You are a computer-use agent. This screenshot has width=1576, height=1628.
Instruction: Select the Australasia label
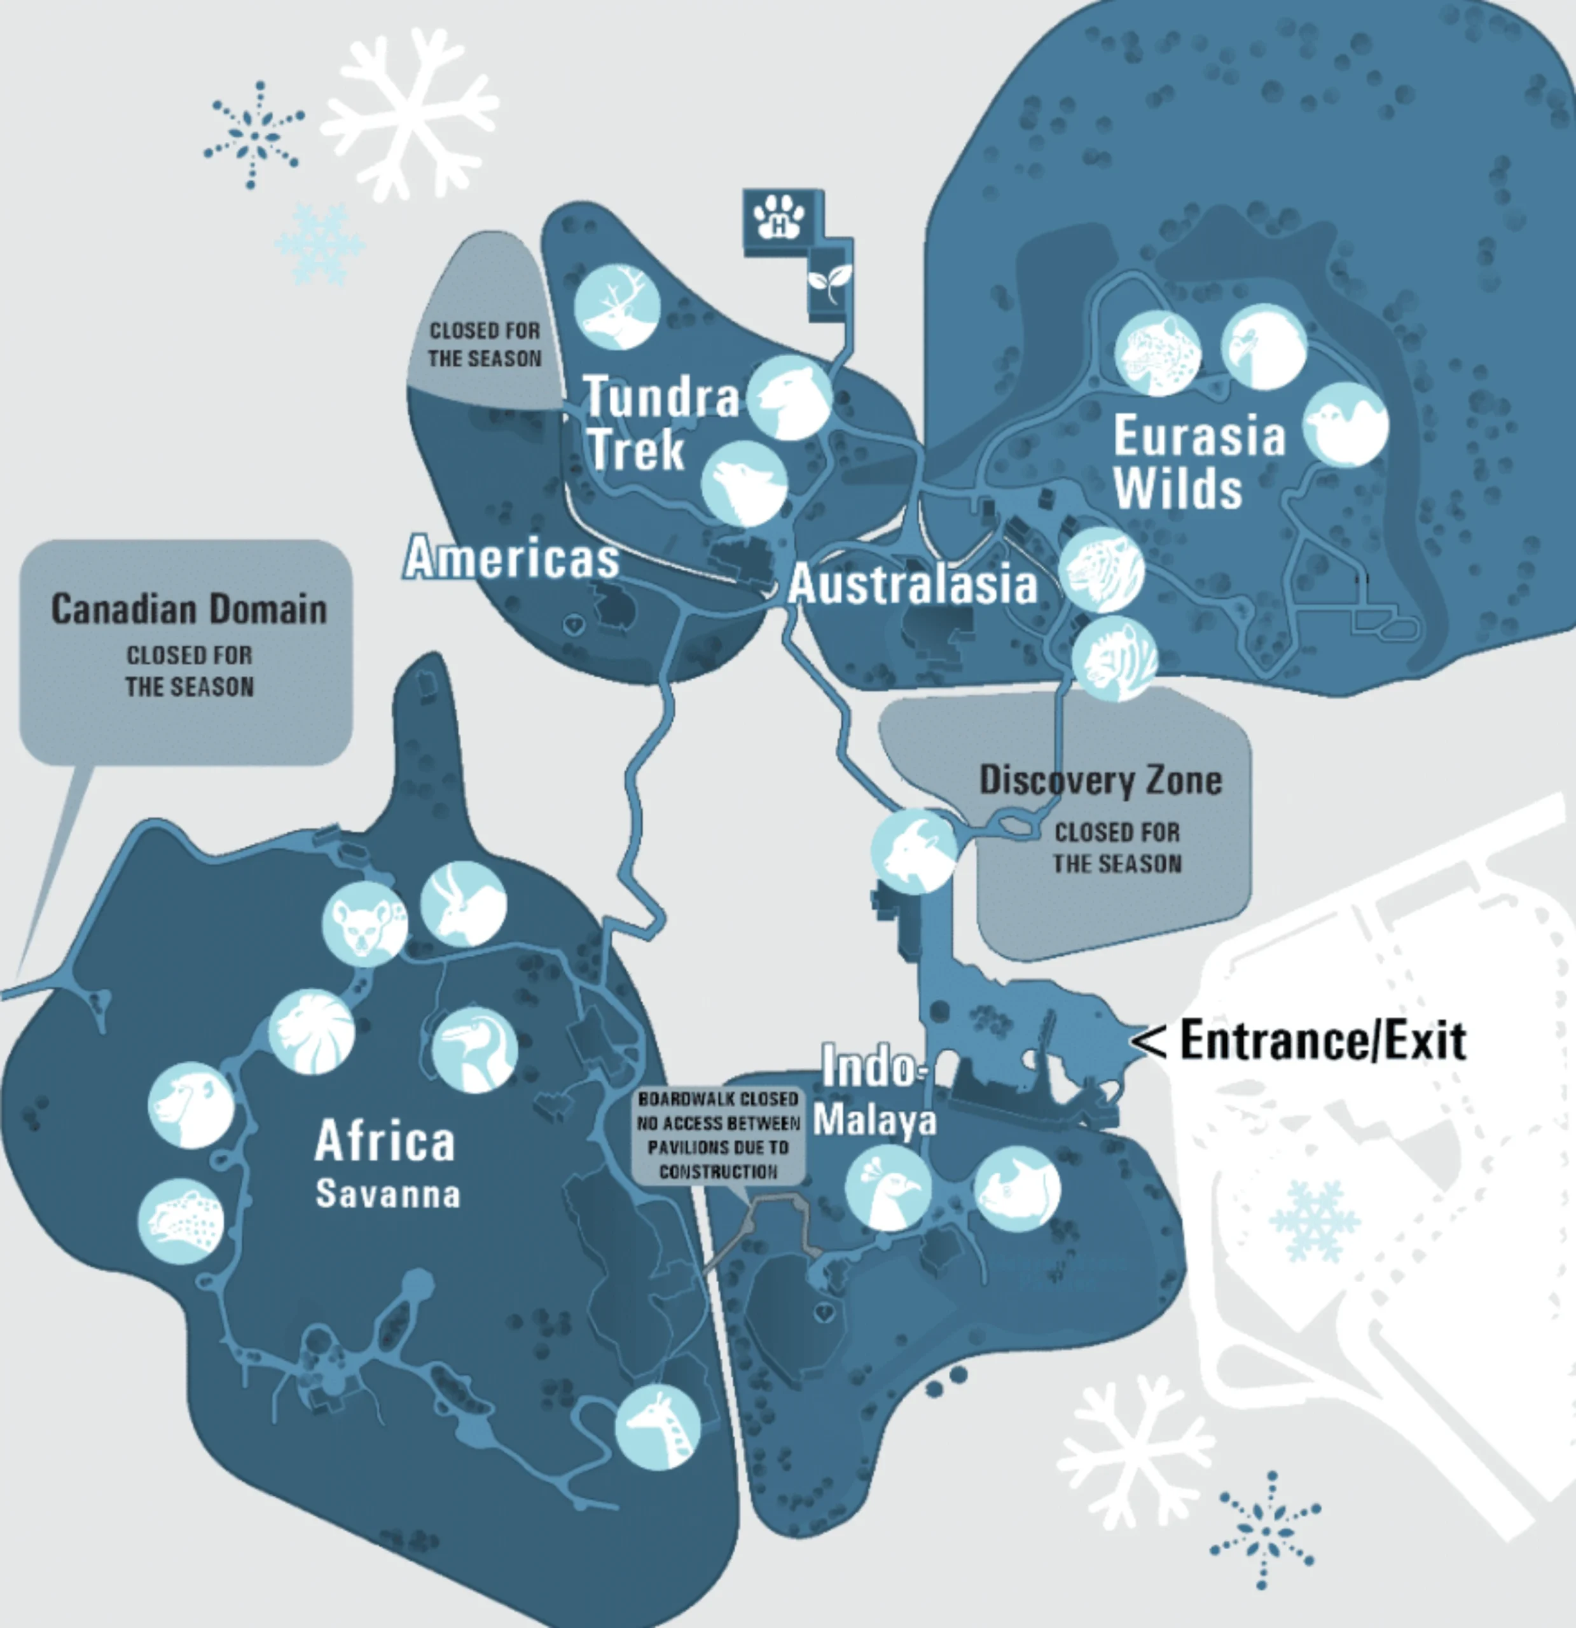pyautogui.click(x=912, y=584)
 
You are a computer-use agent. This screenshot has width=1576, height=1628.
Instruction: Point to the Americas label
pyautogui.click(x=512, y=557)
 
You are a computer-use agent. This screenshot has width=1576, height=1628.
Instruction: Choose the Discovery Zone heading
pyautogui.click(x=1101, y=780)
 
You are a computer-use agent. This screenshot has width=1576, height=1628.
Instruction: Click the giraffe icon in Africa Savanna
pyautogui.click(x=657, y=1426)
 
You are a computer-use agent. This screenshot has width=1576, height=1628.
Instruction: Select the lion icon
pyautogui.click(x=312, y=1031)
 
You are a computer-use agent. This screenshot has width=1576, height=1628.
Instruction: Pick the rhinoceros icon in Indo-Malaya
pyautogui.click(x=1017, y=1189)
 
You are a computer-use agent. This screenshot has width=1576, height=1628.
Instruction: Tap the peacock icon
pyautogui.click(x=888, y=1189)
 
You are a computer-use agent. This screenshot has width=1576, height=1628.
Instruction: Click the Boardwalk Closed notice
pyautogui.click(x=718, y=1135)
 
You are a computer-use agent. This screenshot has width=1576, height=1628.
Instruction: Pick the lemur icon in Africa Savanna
pyautogui.click(x=364, y=923)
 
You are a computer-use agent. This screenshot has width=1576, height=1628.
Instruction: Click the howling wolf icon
pyautogui.click(x=743, y=483)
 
